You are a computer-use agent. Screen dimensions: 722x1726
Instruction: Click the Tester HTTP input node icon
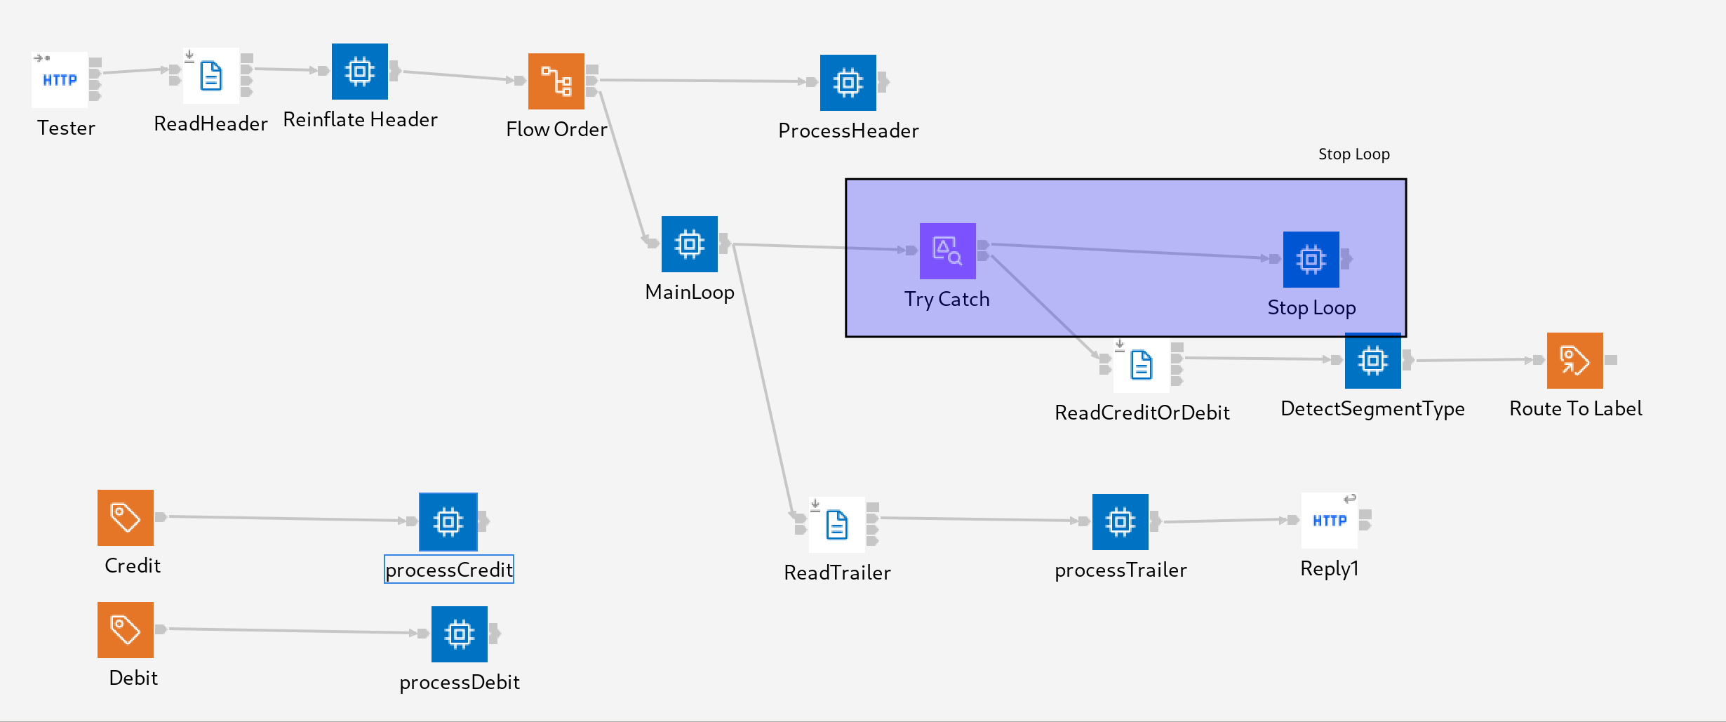[x=60, y=80]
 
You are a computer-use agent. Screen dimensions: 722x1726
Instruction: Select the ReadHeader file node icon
[x=210, y=76]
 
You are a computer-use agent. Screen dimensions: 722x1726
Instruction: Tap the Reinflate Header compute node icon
[x=359, y=72]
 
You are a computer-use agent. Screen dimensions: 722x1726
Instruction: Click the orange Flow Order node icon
[x=556, y=81]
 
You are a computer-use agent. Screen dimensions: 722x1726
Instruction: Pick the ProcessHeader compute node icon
[x=848, y=83]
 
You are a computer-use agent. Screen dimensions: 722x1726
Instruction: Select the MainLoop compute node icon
[x=689, y=244]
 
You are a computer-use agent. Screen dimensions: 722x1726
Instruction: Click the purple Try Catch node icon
[x=947, y=251]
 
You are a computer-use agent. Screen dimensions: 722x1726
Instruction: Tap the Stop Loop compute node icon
[x=1311, y=260]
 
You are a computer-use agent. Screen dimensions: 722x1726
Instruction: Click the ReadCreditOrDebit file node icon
[x=1141, y=365]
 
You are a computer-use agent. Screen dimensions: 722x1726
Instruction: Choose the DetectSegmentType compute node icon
[x=1372, y=361]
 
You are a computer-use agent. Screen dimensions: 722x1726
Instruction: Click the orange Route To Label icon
[x=1574, y=361]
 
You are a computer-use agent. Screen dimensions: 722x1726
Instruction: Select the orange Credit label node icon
[x=126, y=518]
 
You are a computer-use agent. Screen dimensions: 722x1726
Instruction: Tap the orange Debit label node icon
[x=126, y=630]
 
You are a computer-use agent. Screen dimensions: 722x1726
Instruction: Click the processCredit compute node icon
[x=448, y=522]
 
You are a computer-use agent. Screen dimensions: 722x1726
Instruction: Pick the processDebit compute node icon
[x=459, y=634]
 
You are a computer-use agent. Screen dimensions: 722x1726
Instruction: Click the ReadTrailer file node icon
[x=836, y=525]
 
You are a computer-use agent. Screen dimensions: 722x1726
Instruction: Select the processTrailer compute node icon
[x=1120, y=522]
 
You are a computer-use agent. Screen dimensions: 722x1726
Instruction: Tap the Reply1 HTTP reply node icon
[x=1329, y=521]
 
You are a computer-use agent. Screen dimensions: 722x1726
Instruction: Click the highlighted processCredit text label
[x=449, y=570]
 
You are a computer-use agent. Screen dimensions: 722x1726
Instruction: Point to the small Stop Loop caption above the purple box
[x=1353, y=154]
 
